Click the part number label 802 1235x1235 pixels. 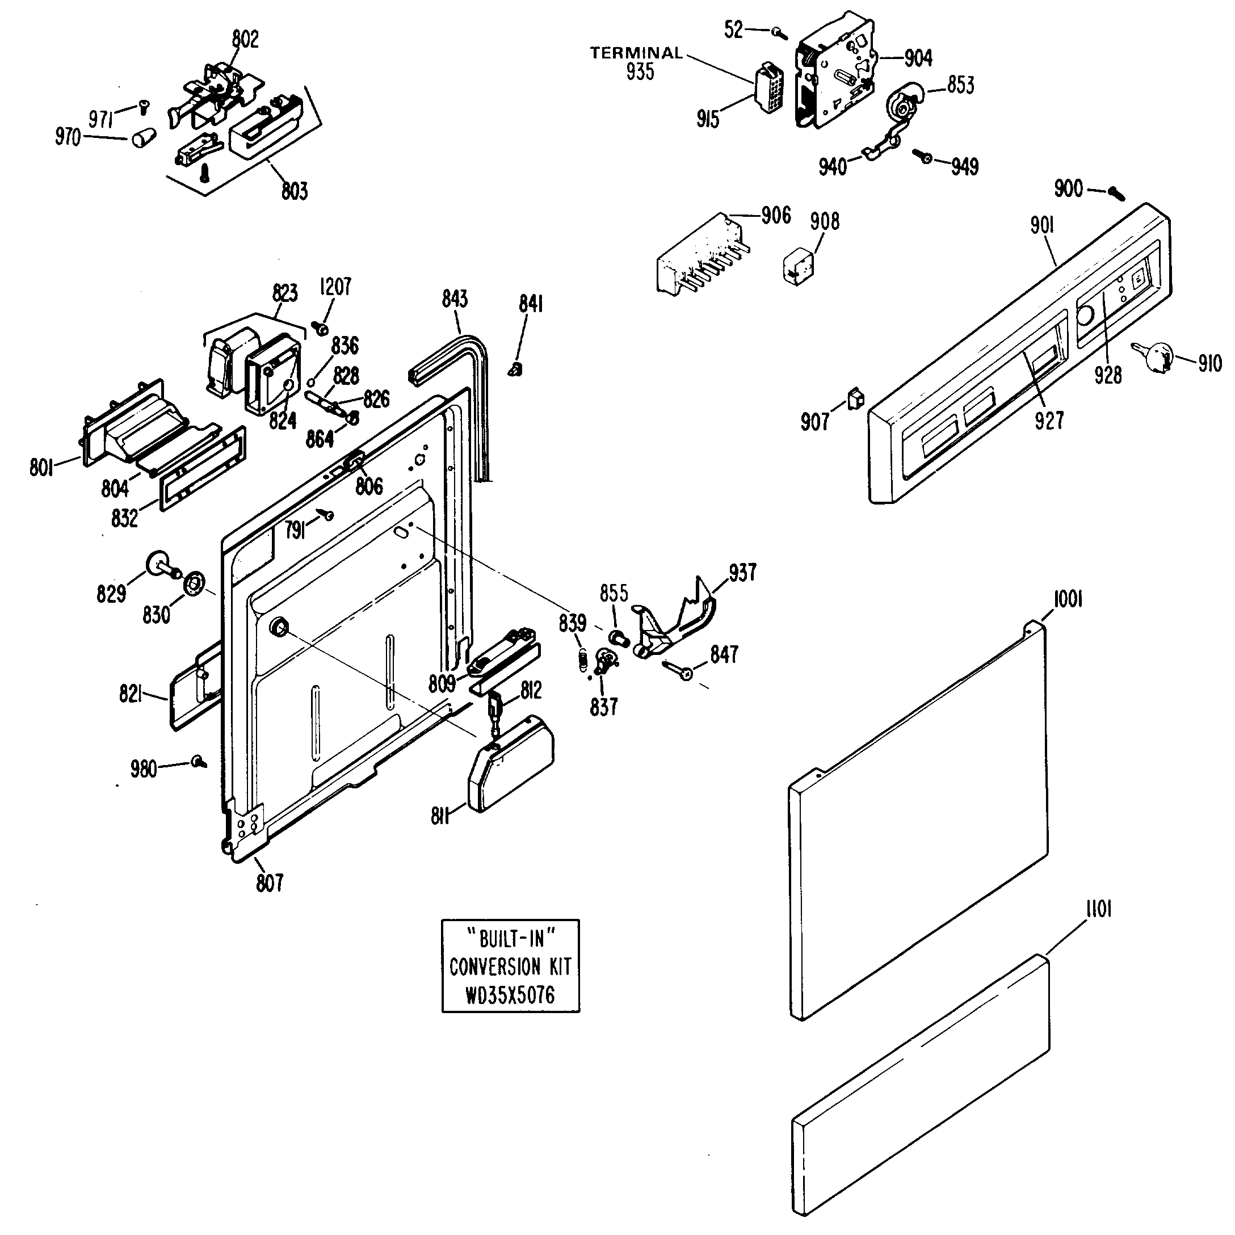coord(245,40)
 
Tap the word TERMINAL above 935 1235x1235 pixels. coord(636,53)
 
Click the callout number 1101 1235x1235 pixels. coord(1098,910)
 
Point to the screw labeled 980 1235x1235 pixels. coord(199,761)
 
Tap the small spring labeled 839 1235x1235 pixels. coord(582,659)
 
